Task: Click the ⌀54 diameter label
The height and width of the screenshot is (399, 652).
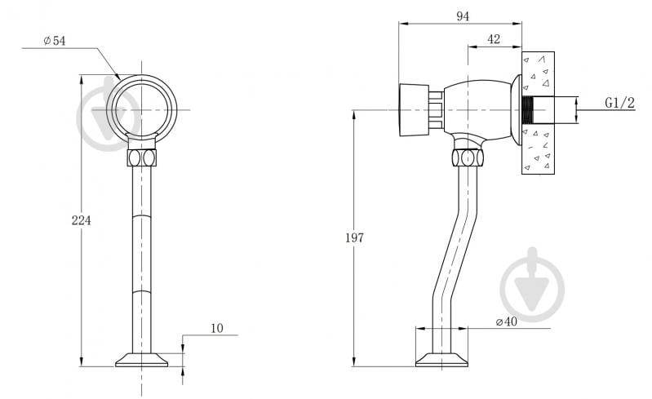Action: coord(55,41)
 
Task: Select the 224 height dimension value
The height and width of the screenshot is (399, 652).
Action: coord(81,220)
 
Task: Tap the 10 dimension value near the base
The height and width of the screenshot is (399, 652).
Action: coord(217,328)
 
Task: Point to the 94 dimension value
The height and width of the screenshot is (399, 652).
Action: coord(463,16)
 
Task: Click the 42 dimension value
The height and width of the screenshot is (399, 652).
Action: coord(494,39)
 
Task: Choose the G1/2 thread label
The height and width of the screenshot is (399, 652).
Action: coord(619,103)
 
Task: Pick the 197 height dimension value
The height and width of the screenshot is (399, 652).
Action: coord(354,237)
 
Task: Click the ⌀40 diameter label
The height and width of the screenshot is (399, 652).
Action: coord(507,321)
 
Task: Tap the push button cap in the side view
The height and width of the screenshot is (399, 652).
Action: coord(414,110)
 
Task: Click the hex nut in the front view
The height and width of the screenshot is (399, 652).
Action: coord(142,157)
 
